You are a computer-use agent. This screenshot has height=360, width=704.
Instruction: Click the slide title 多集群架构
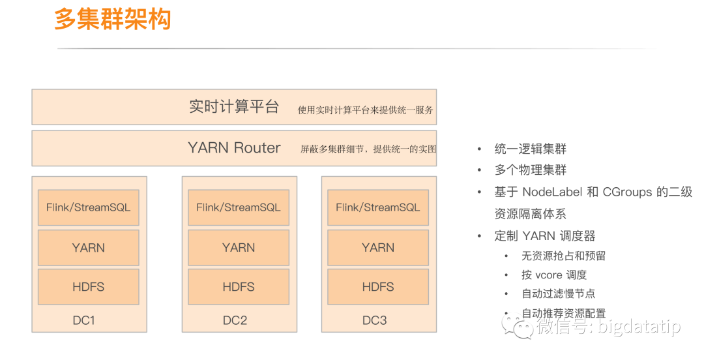click(112, 20)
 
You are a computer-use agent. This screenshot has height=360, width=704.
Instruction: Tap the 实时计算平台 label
click(234, 107)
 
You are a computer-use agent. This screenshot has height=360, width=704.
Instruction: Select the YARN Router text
click(234, 148)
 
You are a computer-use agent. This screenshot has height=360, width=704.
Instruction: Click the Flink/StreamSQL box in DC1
click(89, 207)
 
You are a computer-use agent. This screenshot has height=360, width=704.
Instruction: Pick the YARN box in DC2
click(239, 248)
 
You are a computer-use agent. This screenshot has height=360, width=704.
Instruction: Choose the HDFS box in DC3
click(378, 287)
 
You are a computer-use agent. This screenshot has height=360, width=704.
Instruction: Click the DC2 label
click(235, 320)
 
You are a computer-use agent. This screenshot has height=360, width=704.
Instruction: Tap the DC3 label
click(375, 320)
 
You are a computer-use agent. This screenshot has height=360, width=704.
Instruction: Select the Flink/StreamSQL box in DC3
click(378, 207)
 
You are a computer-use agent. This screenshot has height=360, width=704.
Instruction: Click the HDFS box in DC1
click(89, 287)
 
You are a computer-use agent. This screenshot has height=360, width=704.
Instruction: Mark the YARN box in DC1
click(89, 248)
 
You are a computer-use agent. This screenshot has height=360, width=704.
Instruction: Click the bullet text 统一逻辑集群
click(531, 149)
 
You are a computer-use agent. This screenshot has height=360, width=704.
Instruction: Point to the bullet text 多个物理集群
click(531, 170)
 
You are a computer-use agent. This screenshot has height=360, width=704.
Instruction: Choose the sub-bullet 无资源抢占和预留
click(563, 256)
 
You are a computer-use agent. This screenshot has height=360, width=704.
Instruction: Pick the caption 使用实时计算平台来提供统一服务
click(365, 110)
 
